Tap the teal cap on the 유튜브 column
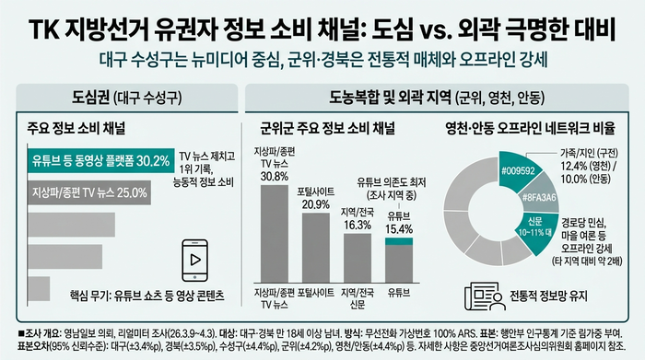coord(399,240)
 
